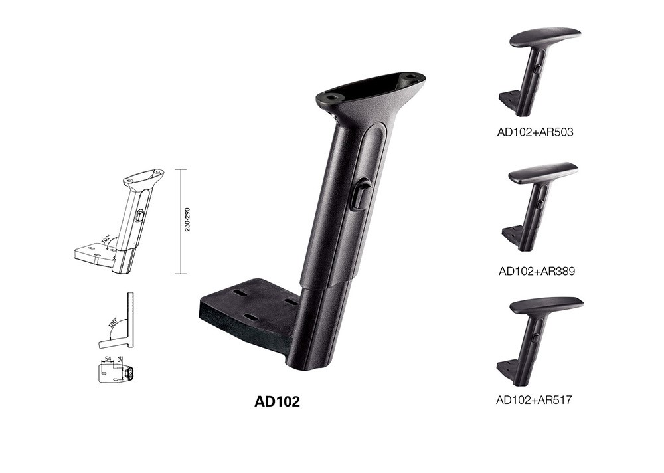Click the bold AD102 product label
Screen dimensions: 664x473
click(277, 401)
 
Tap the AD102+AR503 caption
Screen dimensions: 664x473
click(535, 132)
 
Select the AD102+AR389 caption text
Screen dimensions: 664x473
click(537, 271)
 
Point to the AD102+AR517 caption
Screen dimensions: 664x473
click(534, 399)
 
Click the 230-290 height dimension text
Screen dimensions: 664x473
click(187, 219)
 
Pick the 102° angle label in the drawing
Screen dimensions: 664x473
click(106, 238)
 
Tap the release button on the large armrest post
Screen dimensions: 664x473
click(359, 194)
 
